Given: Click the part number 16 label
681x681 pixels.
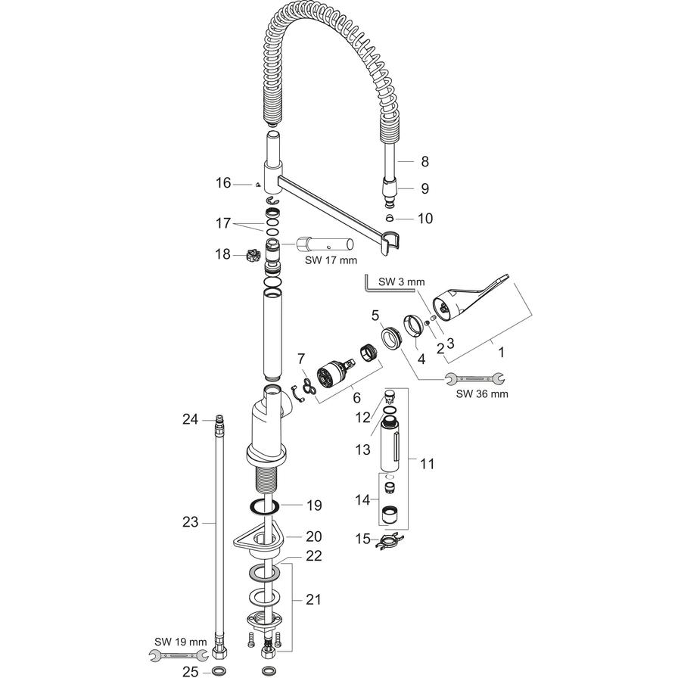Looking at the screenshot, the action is pos(224,183).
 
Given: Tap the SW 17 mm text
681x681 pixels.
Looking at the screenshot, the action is pos(331,260).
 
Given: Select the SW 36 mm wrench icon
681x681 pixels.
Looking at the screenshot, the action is pos(475,379).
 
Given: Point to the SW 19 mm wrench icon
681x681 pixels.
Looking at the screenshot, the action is pos(178,655).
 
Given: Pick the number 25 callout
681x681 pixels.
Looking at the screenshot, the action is pos(190,672).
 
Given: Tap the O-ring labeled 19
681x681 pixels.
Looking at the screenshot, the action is pos(265,507).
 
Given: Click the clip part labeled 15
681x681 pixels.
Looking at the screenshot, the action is pos(390,541).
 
